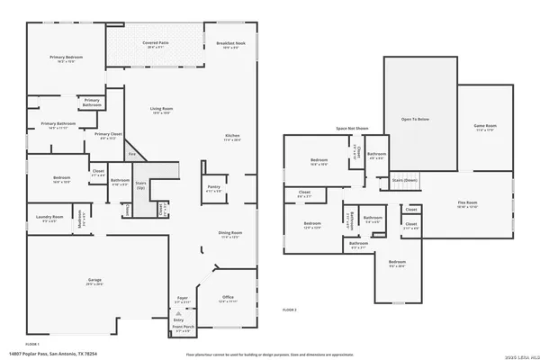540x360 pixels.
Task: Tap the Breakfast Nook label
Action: [230, 44]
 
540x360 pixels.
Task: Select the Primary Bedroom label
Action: [66, 59]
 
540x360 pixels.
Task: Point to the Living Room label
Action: [161, 111]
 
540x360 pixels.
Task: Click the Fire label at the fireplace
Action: [131, 155]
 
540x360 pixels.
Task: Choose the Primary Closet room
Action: [108, 137]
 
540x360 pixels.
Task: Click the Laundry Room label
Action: [50, 218]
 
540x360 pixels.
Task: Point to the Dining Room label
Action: [230, 235]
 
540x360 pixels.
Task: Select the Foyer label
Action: [182, 299]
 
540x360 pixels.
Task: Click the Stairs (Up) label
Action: [140, 186]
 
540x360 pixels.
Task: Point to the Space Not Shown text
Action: [353, 129]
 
